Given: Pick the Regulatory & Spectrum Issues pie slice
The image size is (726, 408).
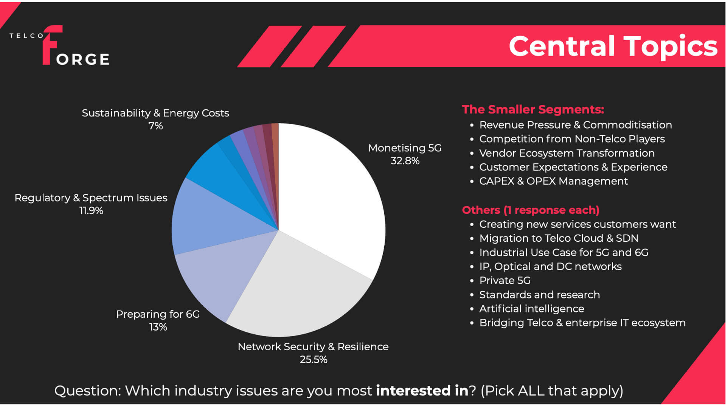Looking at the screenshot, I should pyautogui.click(x=212, y=219).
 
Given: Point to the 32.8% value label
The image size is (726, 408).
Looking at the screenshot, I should pyautogui.click(x=405, y=161).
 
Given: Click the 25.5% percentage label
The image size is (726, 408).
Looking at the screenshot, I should pyautogui.click(x=313, y=359).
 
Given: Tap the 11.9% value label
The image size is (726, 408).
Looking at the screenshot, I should pyautogui.click(x=91, y=210).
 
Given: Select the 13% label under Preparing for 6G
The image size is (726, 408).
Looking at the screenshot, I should pyautogui.click(x=158, y=327).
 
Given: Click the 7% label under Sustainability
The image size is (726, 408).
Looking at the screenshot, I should pyautogui.click(x=155, y=126).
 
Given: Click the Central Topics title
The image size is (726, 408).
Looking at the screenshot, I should pyautogui.click(x=613, y=46).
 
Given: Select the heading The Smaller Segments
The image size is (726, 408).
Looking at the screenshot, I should pyautogui.click(x=533, y=110).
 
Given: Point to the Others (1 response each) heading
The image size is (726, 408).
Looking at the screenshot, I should pyautogui.click(x=531, y=210).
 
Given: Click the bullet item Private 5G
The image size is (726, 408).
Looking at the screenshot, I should pyautogui.click(x=505, y=280).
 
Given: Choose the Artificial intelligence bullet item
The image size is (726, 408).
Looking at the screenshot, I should pyautogui.click(x=531, y=309).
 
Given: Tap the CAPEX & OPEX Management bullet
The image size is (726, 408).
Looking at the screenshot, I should pyautogui.click(x=553, y=181).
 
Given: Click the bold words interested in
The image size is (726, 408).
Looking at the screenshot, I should pyautogui.click(x=422, y=391).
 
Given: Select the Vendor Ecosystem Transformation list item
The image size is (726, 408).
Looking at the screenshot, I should pyautogui.click(x=566, y=153).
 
